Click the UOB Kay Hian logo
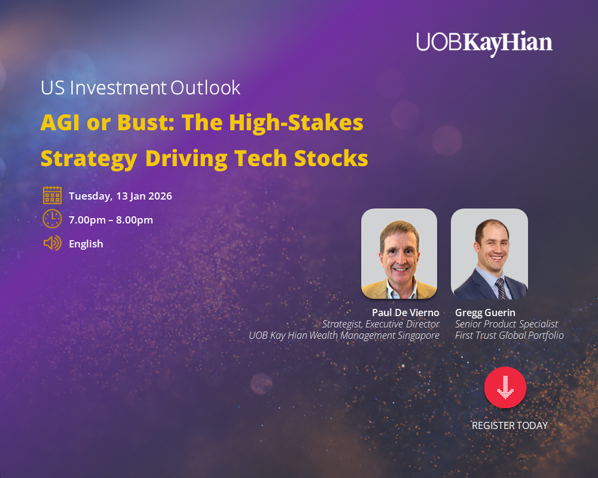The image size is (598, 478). (484, 43)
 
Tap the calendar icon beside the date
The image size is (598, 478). (52, 195)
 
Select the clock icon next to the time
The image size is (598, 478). (52, 219)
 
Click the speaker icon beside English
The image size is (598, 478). (52, 243)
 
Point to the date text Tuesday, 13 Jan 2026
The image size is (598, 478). (120, 196)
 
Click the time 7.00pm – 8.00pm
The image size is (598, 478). (111, 220)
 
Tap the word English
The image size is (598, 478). (86, 244)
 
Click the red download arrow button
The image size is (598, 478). (505, 387)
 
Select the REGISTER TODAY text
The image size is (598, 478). (509, 425)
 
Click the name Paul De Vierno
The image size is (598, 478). (405, 312)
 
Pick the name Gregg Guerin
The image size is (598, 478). (485, 313)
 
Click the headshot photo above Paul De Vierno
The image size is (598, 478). (399, 253)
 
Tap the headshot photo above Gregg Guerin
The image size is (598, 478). (489, 253)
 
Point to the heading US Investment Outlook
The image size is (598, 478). (141, 88)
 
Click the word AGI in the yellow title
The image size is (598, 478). (60, 122)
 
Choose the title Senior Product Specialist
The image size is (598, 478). (507, 324)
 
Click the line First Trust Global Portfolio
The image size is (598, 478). (509, 335)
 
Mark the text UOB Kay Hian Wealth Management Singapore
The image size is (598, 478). (344, 335)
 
